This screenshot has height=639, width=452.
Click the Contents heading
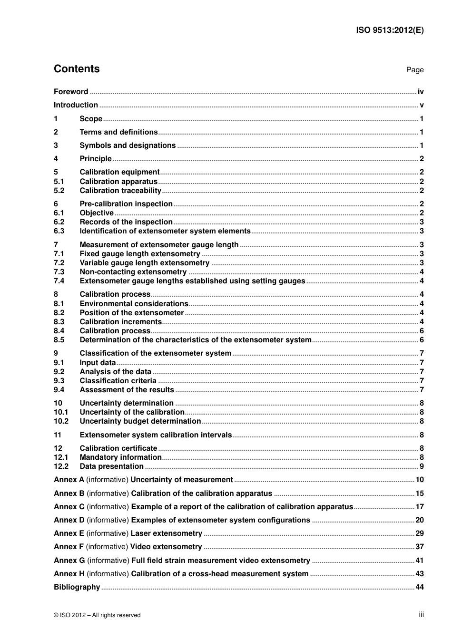click(x=77, y=69)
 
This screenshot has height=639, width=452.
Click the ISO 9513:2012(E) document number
click(x=390, y=30)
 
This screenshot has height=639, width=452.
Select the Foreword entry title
click(x=71, y=92)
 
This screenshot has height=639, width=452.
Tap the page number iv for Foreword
click(x=421, y=92)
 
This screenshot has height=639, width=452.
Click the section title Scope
click(x=91, y=119)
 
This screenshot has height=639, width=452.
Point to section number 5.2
click(x=59, y=191)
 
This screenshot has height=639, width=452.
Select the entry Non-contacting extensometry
click(x=133, y=272)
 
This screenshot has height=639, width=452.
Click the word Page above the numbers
click(x=415, y=70)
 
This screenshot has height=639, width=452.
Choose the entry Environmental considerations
click(x=134, y=304)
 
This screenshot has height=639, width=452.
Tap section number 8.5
click(x=59, y=340)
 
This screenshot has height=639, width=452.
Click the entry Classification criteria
click(x=118, y=381)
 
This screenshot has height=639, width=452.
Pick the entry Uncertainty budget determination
click(x=140, y=421)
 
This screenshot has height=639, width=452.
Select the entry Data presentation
click(x=112, y=466)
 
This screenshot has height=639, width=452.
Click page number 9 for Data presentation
click(x=422, y=466)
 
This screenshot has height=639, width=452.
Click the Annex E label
click(x=69, y=533)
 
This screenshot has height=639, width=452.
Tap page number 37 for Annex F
click(x=420, y=547)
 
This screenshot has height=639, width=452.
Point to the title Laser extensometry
click(x=167, y=533)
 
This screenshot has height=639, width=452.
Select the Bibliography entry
click(x=77, y=587)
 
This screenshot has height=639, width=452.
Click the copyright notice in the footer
click(x=97, y=615)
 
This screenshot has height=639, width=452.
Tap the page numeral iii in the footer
click(x=421, y=615)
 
